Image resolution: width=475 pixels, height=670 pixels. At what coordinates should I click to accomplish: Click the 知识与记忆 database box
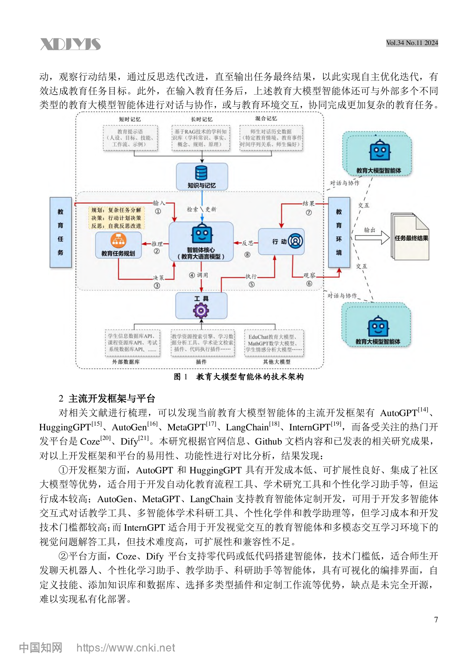202,176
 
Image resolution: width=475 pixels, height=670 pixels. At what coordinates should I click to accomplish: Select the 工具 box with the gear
201,306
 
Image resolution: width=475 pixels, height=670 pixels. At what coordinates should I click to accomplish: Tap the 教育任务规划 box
118,245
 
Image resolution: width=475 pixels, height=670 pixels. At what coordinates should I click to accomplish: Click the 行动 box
281,241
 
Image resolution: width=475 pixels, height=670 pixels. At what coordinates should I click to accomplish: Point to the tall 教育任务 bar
61,232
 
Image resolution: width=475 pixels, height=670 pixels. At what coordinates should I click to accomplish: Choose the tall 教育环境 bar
339,232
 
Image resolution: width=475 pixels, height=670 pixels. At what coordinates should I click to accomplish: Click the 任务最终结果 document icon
410,237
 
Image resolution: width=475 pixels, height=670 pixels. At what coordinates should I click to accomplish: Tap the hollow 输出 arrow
372,237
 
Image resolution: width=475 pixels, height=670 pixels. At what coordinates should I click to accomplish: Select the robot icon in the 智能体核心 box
202,233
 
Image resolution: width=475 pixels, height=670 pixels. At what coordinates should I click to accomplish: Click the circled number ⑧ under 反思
247,255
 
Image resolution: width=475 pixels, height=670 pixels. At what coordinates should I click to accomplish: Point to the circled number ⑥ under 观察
309,284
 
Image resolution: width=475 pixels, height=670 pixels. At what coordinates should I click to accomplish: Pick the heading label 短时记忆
130,119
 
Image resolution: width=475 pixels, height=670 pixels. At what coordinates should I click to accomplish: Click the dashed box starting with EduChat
274,343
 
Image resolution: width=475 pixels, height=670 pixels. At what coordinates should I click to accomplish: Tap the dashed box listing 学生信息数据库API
132,343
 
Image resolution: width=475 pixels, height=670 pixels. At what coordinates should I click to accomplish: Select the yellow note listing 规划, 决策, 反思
116,218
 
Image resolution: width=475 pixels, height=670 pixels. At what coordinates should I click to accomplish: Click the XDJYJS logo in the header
70,44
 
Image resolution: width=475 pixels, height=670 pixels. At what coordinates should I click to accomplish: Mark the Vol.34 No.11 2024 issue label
412,43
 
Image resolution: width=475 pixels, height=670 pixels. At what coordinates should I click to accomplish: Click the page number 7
436,620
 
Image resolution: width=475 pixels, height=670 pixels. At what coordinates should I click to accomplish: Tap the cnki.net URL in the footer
126,648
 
